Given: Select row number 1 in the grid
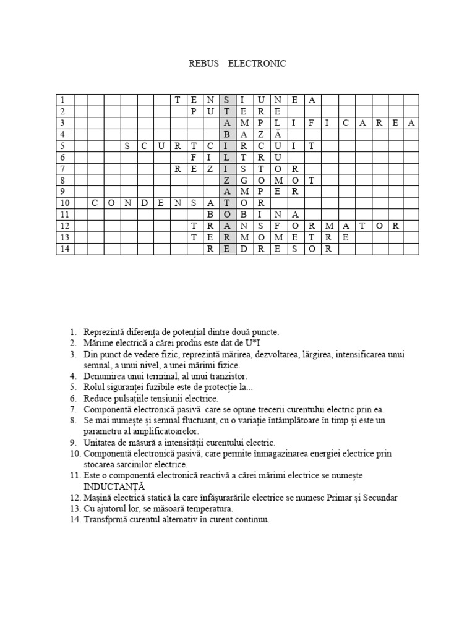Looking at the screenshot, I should coord(63,100).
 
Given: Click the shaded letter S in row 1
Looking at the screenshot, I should coord(228,100).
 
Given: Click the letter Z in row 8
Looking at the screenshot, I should coord(228,181).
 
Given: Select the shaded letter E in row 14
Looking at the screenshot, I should coord(228,249).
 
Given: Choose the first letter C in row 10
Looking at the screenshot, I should coord(95,203).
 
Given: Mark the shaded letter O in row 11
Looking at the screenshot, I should coord(228,215).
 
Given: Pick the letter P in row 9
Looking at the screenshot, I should coord(262,192).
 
